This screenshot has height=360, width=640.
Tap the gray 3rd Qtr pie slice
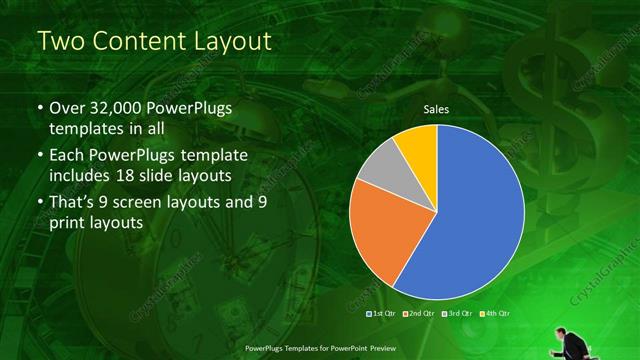click(379, 167)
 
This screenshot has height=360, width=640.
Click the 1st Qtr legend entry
click(383, 314)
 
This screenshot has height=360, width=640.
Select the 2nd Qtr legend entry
click(418, 314)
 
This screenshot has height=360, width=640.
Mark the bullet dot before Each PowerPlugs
click(40, 157)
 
